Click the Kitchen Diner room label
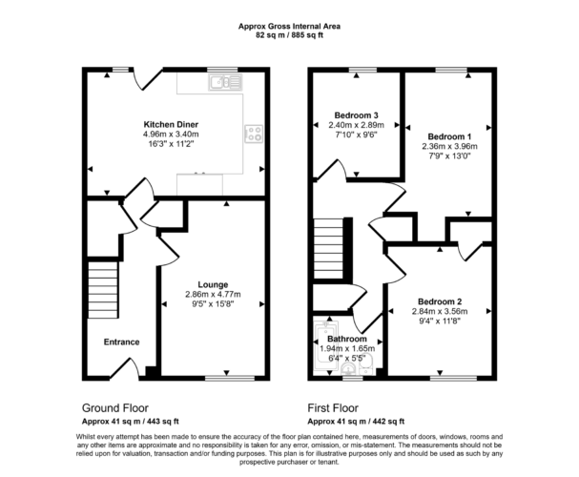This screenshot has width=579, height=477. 171,124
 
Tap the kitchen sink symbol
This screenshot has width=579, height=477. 225,82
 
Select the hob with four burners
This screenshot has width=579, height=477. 254,134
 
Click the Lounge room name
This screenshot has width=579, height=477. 213,284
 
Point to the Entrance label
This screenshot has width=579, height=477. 121,342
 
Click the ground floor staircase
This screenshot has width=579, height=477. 103,290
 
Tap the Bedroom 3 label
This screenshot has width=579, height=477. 357,115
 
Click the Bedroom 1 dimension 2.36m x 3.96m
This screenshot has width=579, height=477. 450,146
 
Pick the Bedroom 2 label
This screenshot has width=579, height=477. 440,301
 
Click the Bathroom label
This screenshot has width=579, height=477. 347,339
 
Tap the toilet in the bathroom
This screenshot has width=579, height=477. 366,362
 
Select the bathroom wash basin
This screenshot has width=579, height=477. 348,368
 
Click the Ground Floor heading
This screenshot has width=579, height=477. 115,408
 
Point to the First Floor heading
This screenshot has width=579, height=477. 333,408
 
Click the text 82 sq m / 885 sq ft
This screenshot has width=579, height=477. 290,35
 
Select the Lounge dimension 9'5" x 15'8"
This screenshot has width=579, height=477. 213,304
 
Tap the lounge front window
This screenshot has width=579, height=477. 230,378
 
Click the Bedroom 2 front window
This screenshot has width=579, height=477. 454,378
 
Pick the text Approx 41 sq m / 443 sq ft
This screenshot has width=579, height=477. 131,422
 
